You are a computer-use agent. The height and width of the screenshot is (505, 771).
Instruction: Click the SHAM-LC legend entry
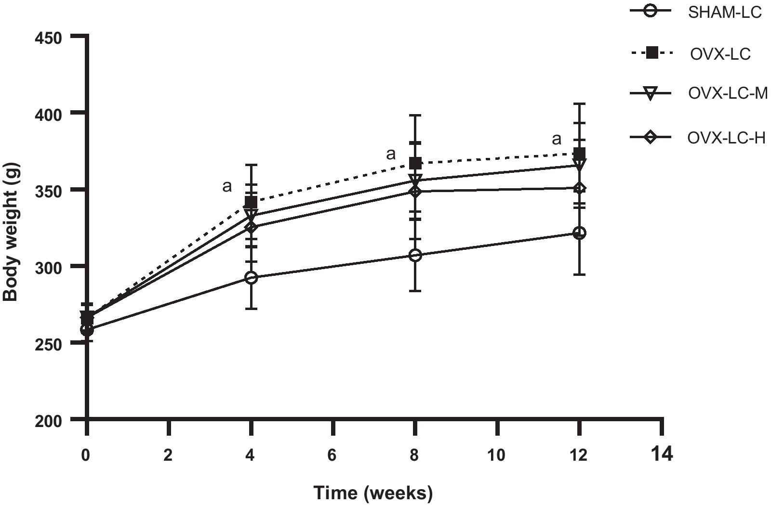tap(725, 12)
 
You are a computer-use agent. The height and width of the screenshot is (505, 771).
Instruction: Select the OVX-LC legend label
tap(720, 54)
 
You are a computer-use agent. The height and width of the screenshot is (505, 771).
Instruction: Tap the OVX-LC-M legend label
tap(728, 93)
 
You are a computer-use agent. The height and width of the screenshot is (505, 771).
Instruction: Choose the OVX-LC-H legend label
tap(726, 138)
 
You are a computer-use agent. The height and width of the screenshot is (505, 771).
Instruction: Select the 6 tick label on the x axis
tap(332, 455)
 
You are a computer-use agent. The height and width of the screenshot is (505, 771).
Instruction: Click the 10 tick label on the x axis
tap(496, 455)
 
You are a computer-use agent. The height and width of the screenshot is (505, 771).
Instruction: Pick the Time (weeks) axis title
tap(373, 493)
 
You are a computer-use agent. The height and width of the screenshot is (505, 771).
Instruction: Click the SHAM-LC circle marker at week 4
tap(251, 278)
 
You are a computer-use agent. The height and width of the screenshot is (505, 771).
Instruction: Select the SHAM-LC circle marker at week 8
tap(415, 255)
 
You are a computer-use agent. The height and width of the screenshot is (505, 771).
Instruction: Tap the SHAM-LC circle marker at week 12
tap(580, 233)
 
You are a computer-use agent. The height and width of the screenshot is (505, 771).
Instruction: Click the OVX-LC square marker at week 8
tap(415, 163)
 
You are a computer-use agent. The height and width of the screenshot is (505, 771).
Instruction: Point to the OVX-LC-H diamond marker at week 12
tap(580, 188)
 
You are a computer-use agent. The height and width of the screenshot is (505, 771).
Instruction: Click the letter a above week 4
tap(226, 186)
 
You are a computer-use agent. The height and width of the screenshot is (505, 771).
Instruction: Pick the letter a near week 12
tap(557, 139)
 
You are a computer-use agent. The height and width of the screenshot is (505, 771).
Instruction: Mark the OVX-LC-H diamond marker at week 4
tap(251, 227)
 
